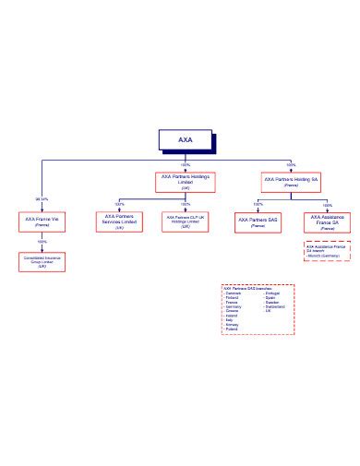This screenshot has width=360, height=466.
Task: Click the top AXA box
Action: pyautogui.click(x=186, y=140)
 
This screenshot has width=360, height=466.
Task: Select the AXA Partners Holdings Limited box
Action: pyautogui.click(x=186, y=181)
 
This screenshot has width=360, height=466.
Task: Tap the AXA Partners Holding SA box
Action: pyautogui.click(x=291, y=181)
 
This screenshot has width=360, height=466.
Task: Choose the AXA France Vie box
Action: pyautogui.click(x=42, y=221)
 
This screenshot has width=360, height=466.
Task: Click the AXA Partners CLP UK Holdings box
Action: pyautogui.click(x=186, y=221)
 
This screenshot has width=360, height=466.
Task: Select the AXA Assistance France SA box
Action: pyautogui.click(x=328, y=222)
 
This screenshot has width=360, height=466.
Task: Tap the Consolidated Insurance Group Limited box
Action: pyautogui.click(x=42, y=261)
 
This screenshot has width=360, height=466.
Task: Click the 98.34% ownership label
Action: pyautogui.click(x=42, y=199)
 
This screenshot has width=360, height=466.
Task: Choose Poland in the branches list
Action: pyautogui.click(x=231, y=329)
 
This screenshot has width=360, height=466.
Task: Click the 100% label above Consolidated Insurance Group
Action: pyautogui.click(x=42, y=242)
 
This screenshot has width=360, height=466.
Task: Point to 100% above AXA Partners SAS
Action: pyautogui.click(x=258, y=204)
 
